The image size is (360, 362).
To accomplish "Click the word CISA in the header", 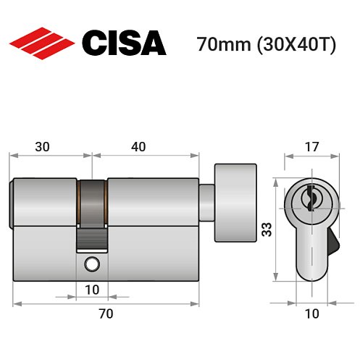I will (124, 43).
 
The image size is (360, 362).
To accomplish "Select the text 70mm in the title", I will (219, 45).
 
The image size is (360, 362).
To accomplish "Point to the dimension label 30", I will (43, 146).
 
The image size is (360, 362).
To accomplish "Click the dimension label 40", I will (138, 146).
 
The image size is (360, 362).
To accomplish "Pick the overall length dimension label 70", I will (106, 313).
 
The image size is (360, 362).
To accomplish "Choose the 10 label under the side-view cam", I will (92, 289).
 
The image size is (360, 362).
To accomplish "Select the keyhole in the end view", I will (309, 197).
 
